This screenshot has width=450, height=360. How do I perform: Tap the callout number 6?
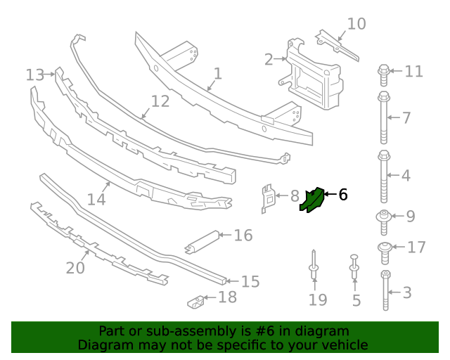(x=343, y=195)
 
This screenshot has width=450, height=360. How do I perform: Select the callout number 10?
(x=356, y=24)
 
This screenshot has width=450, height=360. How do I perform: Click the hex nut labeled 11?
(x=384, y=70)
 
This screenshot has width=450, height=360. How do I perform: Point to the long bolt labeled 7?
(x=384, y=116)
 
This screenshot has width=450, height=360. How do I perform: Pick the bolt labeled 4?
(x=384, y=176)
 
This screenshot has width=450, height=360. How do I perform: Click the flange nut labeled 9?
(x=384, y=217)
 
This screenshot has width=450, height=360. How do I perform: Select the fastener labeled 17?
(x=385, y=247)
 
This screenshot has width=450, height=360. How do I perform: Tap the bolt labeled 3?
(x=385, y=290)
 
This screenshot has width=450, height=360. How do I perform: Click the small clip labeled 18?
(x=196, y=302)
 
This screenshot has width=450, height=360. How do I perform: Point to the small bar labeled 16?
(x=202, y=241)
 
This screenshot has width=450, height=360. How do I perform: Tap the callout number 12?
(x=160, y=101)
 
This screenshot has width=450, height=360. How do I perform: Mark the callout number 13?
(x=35, y=75)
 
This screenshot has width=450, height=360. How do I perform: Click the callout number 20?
(x=75, y=268)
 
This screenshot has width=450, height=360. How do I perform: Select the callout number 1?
(x=218, y=73)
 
